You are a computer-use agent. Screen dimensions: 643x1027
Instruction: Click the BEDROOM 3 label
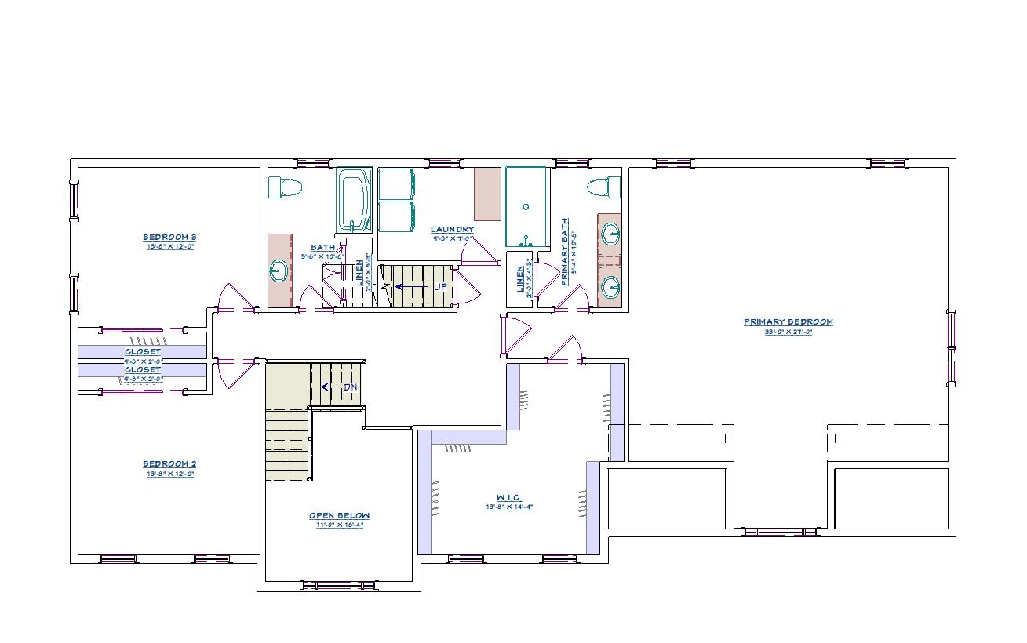pyautogui.click(x=169, y=238)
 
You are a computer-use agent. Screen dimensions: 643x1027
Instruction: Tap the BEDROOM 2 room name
pyautogui.click(x=169, y=464)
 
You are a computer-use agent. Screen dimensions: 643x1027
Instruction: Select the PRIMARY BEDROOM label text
pyautogui.click(x=788, y=322)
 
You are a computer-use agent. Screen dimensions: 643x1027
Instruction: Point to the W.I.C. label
pyautogui.click(x=508, y=498)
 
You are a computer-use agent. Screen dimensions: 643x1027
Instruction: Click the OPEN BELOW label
pyautogui.click(x=339, y=516)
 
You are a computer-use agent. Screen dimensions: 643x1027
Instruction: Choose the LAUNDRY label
pyautogui.click(x=452, y=230)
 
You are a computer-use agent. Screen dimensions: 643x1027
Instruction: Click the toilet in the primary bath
pyautogui.click(x=603, y=188)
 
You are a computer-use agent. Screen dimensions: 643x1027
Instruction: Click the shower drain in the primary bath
pyautogui.click(x=526, y=207)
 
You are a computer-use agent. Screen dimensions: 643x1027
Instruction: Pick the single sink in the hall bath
pyautogui.click(x=278, y=272)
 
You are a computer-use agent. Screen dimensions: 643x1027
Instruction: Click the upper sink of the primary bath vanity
pyautogui.click(x=610, y=233)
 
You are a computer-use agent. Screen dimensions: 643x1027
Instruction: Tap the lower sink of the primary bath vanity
pyautogui.click(x=610, y=287)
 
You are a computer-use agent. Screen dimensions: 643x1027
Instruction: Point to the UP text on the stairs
pyautogui.click(x=440, y=287)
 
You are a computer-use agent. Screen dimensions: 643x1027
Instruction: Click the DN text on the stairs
pyautogui.click(x=351, y=387)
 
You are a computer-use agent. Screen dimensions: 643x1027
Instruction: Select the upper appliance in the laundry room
pyautogui.click(x=396, y=183)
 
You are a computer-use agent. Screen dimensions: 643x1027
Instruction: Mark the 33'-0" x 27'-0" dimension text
pyautogui.click(x=788, y=332)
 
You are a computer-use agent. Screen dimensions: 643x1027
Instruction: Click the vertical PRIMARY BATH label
pyautogui.click(x=565, y=251)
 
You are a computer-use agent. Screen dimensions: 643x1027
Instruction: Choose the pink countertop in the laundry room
pyautogui.click(x=487, y=194)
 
